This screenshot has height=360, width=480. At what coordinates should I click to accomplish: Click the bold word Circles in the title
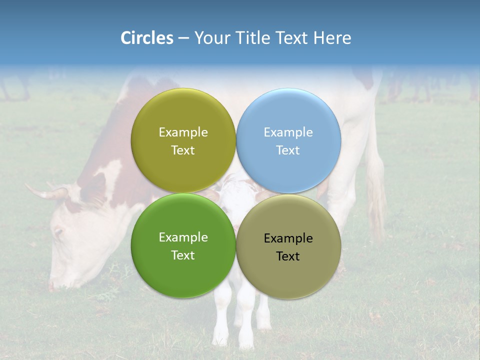click(x=147, y=38)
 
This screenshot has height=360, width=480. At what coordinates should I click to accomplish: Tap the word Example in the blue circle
click(x=288, y=132)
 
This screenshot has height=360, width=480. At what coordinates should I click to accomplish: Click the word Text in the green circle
click(x=183, y=255)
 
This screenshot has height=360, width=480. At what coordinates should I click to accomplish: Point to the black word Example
click(x=288, y=238)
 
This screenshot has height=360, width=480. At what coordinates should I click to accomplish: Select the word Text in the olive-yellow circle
click(x=183, y=150)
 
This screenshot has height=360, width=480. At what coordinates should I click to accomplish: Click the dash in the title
click(x=183, y=38)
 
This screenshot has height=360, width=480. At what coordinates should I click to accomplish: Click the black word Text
click(x=288, y=256)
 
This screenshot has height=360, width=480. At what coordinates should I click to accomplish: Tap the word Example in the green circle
click(x=183, y=237)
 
